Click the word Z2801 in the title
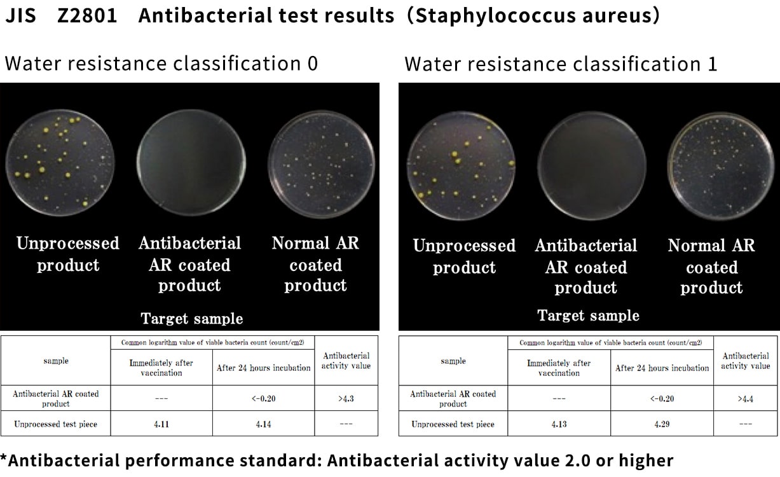coord(87,16)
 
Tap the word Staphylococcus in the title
coord(496,17)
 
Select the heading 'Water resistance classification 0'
coord(161,64)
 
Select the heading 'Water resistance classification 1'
coord(561,64)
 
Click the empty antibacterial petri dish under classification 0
coord(191,163)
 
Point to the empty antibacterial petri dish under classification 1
coord(592,166)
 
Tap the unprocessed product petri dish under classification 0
coord(60,163)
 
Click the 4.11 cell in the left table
coord(161,424)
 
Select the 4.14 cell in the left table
coord(263,424)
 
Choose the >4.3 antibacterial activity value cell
coord(346,399)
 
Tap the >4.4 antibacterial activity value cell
coord(745,399)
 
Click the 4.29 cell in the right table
coord(662,424)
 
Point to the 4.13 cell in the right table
coord(559,424)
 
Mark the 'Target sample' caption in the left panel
coord(191,319)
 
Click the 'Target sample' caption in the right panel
coord(588,315)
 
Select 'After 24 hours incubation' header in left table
coord(263,368)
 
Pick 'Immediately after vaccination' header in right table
coord(559,368)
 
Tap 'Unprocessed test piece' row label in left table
coord(56,424)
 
